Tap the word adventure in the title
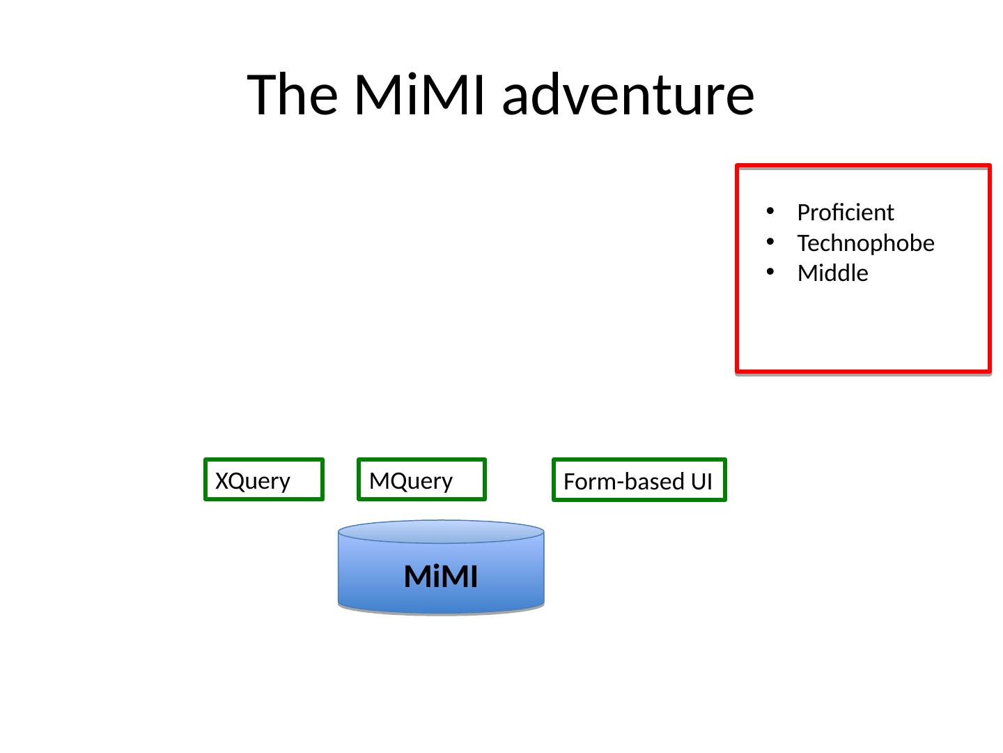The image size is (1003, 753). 628,95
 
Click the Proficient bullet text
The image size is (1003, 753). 845,212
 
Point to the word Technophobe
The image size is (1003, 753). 865,243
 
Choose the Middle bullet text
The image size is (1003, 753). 832,273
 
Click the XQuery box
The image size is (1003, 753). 264,480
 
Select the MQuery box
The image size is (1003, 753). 421,480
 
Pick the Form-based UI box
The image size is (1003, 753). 639,480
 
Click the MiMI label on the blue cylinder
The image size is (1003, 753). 441,577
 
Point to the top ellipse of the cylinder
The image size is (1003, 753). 441,531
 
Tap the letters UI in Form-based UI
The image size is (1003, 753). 702,482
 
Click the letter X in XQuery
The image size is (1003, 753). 221,481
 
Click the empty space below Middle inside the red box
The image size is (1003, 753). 862,328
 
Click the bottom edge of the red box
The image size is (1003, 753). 862,370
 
